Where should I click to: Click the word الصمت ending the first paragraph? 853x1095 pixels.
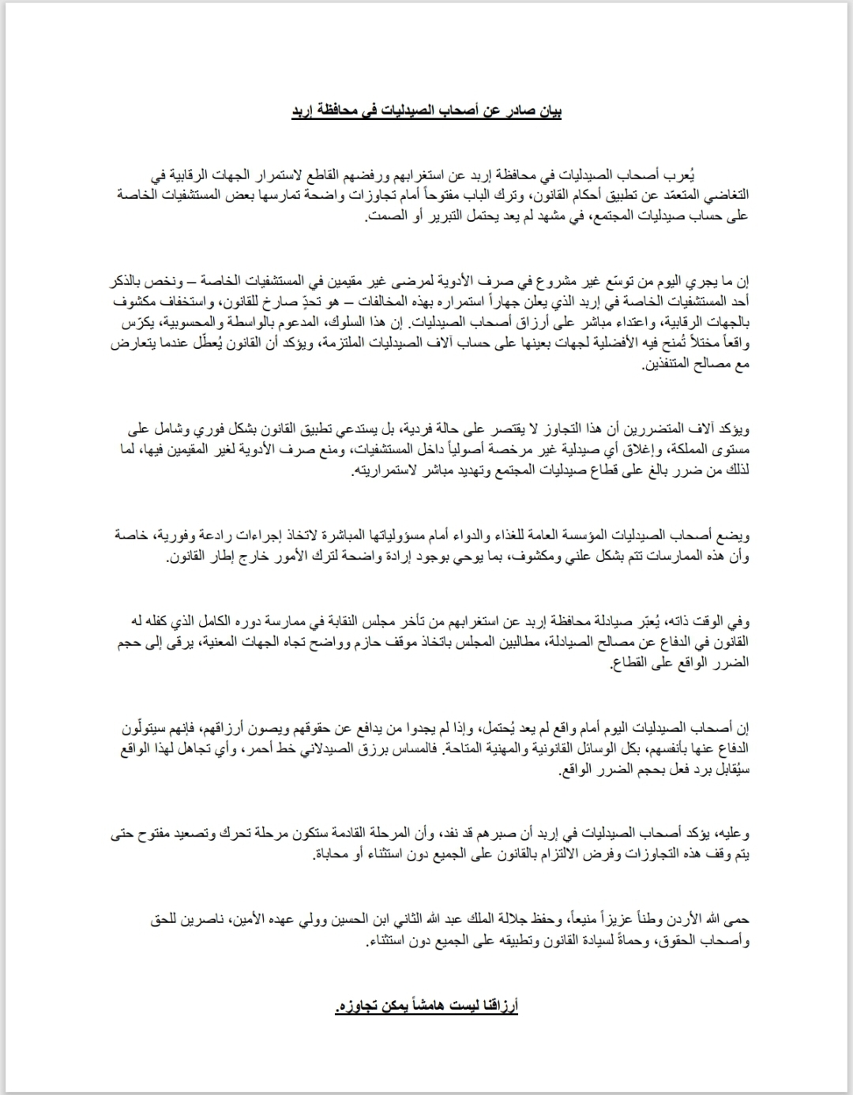tap(378, 216)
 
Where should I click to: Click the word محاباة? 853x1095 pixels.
tap(333, 855)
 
